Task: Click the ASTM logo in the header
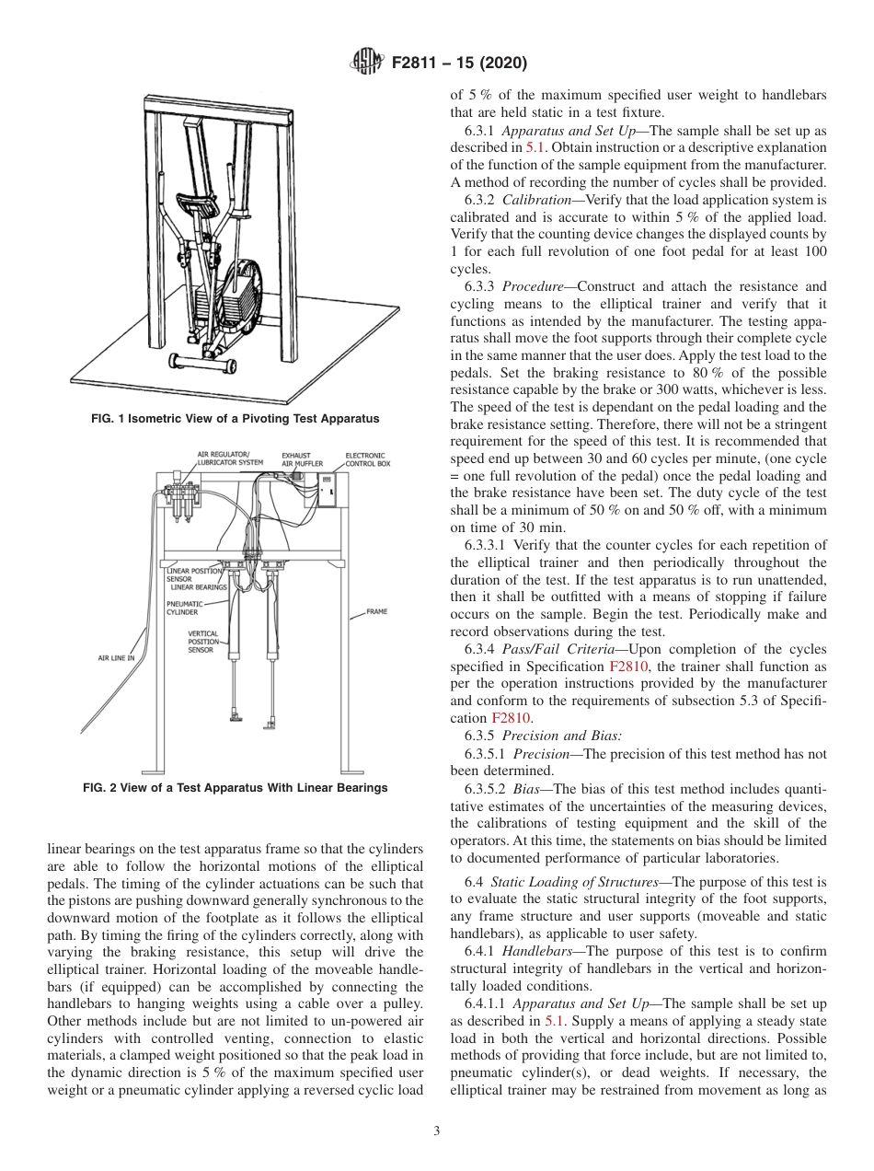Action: (367, 64)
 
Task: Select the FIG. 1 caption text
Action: (235, 419)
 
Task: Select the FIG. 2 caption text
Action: (235, 788)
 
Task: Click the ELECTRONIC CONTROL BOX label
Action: (367, 459)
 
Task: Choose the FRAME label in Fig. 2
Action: (376, 611)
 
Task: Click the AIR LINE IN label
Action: (116, 658)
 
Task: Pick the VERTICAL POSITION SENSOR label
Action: (201, 642)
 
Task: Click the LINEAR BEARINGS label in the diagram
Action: (198, 586)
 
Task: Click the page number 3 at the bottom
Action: (437, 1130)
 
